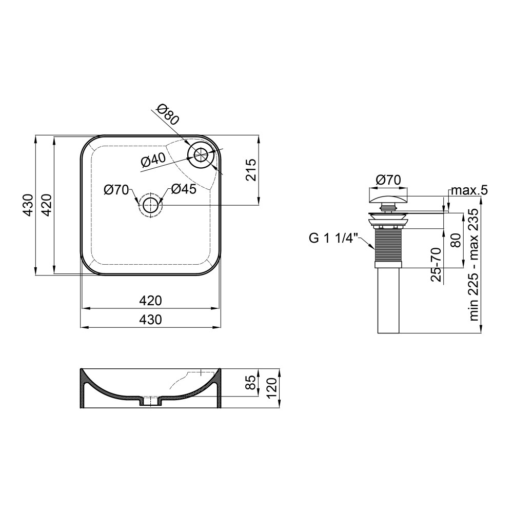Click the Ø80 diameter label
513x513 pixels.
(x=168, y=114)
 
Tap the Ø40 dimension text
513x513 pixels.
(x=153, y=160)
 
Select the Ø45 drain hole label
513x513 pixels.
(x=184, y=189)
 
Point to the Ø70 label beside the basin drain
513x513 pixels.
(x=116, y=190)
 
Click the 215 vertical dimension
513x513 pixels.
(x=251, y=170)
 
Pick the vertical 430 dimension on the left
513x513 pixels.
(x=28, y=205)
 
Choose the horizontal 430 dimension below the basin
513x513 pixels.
(x=150, y=319)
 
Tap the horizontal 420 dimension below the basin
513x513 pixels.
(x=150, y=300)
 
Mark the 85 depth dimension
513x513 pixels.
(x=251, y=383)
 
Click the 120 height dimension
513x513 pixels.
(x=272, y=388)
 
